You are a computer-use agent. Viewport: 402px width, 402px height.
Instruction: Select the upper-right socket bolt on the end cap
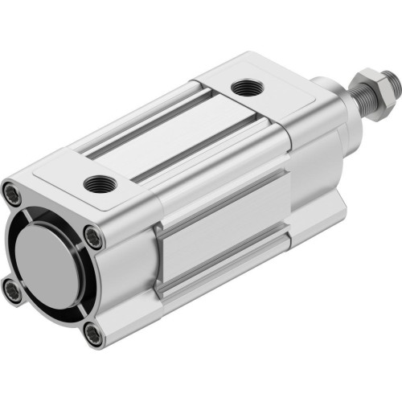point(95,236)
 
